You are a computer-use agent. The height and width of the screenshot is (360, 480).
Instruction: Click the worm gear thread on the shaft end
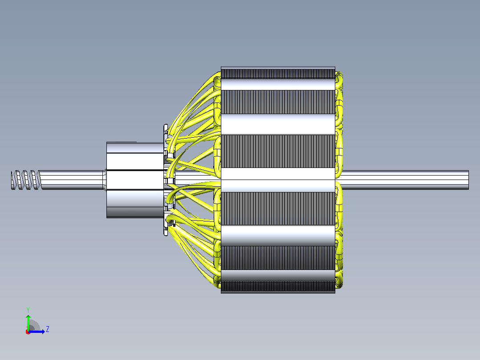pyautogui.click(x=26, y=180)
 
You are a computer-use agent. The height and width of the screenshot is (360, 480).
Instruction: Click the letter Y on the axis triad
pyautogui.click(x=28, y=310)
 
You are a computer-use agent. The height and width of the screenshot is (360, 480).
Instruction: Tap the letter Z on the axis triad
pyautogui.click(x=48, y=329)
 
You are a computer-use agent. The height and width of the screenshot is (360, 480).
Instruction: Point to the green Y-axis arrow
pyautogui.click(x=28, y=322)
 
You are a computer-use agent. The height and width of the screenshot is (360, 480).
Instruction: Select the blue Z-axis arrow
pyautogui.click(x=37, y=331)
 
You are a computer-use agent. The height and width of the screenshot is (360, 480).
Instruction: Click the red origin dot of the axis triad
pyautogui.click(x=28, y=332)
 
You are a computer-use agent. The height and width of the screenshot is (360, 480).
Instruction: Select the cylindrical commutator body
pyautogui.click(x=135, y=180)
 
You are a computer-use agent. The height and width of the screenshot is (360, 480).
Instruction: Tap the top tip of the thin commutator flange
pyautogui.click(x=166, y=125)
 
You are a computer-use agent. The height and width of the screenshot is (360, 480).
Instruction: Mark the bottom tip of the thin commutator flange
pyautogui.click(x=166, y=235)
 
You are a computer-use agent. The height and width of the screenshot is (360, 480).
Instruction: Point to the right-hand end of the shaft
pyautogui.click(x=468, y=180)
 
